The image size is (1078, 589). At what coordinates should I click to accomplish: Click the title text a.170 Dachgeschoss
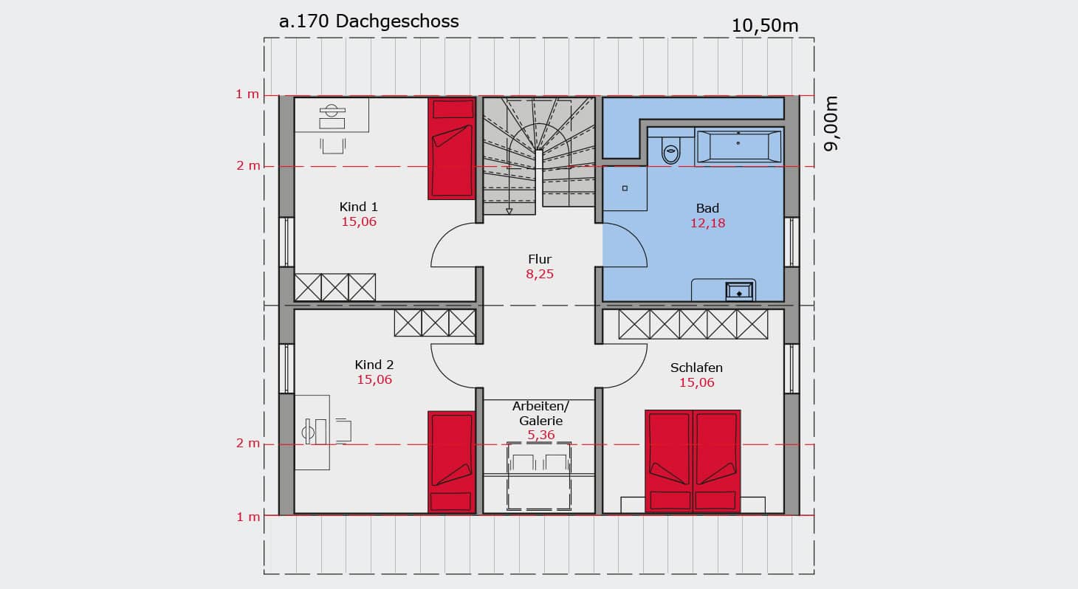(368, 21)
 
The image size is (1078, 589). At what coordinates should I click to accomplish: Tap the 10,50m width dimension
(765, 26)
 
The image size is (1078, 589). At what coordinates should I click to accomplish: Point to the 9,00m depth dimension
(831, 124)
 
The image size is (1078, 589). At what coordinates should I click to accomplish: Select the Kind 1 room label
(359, 207)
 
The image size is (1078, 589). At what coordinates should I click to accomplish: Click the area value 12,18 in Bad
(707, 224)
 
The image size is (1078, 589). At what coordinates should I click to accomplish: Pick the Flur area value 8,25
(540, 275)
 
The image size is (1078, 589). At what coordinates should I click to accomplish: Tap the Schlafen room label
(696, 368)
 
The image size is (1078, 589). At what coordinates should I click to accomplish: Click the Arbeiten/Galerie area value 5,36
(541, 435)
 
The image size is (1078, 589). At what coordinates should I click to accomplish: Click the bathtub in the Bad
(738, 146)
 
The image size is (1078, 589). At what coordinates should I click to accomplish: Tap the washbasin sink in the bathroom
(738, 292)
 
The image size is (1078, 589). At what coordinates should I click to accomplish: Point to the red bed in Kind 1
(451, 148)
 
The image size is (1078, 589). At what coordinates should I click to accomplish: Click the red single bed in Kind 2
(451, 463)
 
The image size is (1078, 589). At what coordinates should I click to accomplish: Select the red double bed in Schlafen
(693, 462)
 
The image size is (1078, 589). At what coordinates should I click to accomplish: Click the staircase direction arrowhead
(509, 211)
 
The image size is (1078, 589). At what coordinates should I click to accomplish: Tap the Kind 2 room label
(374, 365)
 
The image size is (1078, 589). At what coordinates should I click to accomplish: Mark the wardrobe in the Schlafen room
(693, 324)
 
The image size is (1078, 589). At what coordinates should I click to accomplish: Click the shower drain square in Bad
(625, 188)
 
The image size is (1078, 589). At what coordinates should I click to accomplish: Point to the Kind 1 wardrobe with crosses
(335, 287)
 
